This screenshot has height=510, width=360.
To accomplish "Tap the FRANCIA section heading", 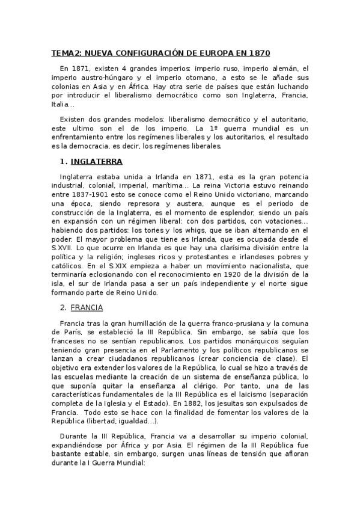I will (87, 308).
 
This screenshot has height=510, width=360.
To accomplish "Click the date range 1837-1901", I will (88, 195).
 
